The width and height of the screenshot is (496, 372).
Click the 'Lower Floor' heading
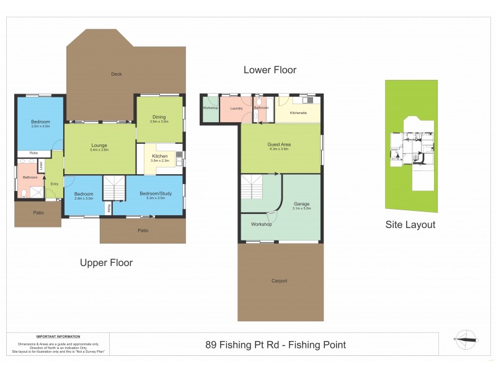click(x=270, y=70)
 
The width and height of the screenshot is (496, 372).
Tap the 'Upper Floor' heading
click(x=106, y=263)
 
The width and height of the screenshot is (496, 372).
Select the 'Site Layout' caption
click(x=410, y=225)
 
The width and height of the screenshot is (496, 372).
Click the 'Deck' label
click(x=117, y=74)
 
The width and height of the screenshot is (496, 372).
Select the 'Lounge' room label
click(x=99, y=146)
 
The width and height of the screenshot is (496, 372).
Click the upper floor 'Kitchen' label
click(x=159, y=157)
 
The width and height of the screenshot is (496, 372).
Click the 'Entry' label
click(x=54, y=184)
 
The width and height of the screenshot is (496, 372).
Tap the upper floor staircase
click(x=113, y=187)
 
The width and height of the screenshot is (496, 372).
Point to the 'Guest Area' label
click(x=280, y=144)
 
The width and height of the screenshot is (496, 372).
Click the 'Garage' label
click(x=301, y=204)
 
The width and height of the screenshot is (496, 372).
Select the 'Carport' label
click(x=280, y=281)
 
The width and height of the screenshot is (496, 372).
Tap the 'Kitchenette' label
click(x=298, y=113)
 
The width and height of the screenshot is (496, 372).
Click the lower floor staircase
click(x=252, y=186)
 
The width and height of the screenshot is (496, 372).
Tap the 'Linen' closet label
click(x=42, y=166)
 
